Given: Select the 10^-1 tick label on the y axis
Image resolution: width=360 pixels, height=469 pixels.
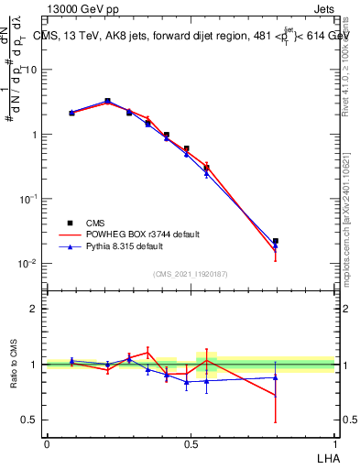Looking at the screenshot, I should pyautogui.click(x=29, y=198).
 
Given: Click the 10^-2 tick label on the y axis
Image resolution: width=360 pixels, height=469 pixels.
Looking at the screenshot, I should pyautogui.click(x=29, y=263).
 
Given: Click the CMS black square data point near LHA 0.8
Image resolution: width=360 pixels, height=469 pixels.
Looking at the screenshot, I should pyautogui.click(x=276, y=241).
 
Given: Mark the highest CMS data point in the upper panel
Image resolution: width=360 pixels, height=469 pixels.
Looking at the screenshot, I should pyautogui.click(x=107, y=101).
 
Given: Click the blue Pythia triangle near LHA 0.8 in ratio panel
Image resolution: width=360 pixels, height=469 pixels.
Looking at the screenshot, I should pyautogui.click(x=276, y=377).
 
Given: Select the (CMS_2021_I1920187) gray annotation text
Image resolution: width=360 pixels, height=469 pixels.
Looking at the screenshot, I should pyautogui.click(x=191, y=274).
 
